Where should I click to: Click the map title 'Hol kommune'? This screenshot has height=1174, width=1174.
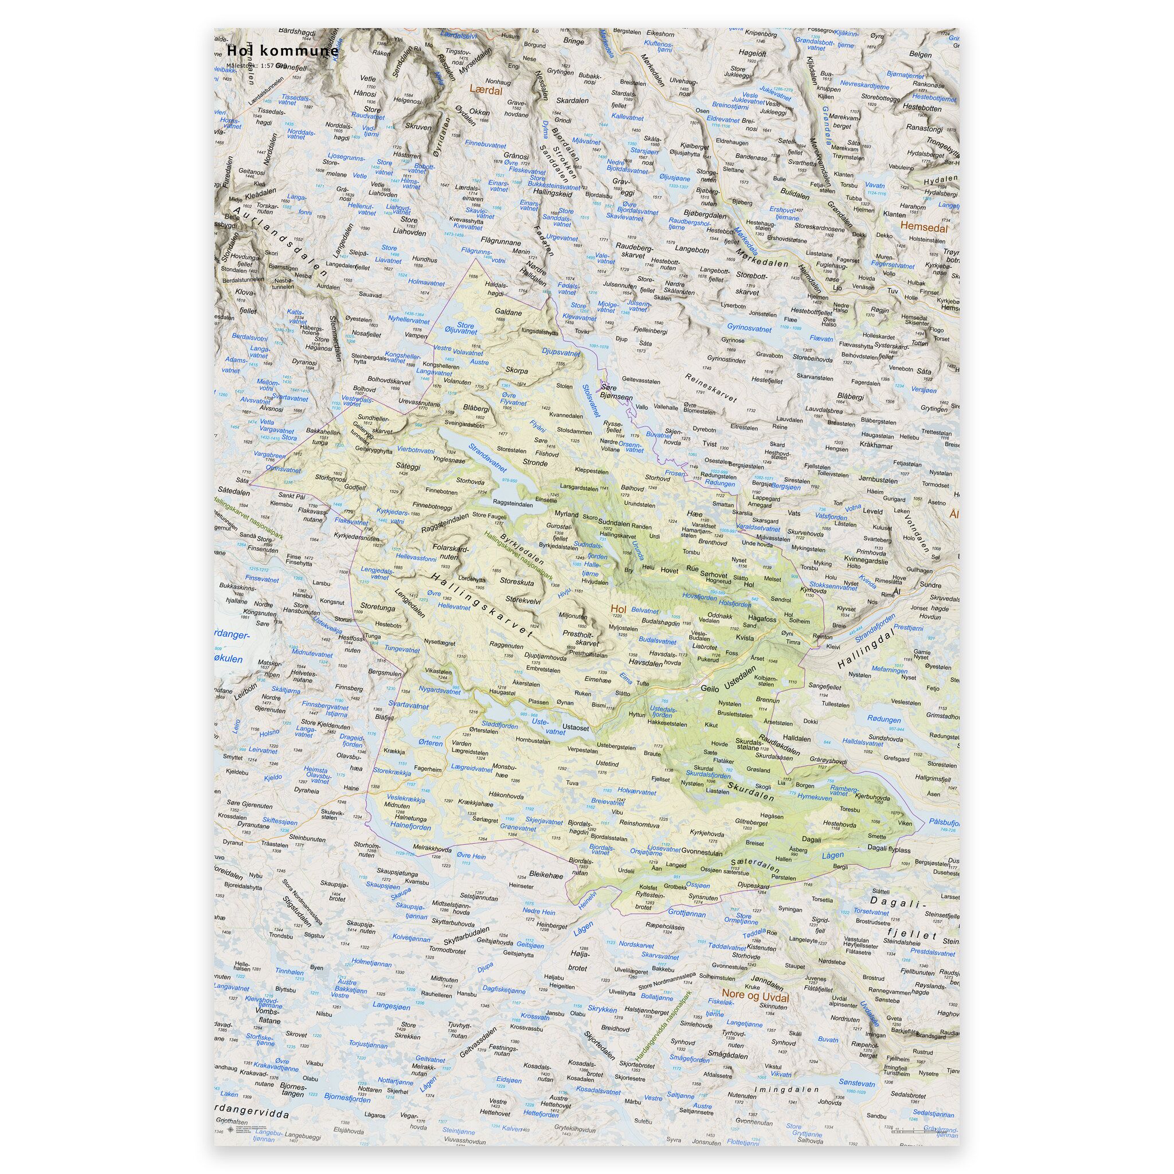click(283, 51)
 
